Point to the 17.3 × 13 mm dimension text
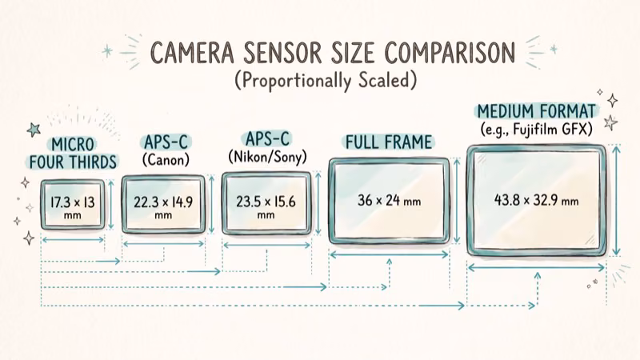(73, 205)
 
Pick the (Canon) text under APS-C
(166, 160)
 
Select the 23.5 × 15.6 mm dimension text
(266, 207)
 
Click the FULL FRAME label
(388, 142)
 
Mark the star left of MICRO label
(34, 129)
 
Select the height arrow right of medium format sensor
(616, 200)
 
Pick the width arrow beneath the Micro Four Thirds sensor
(72, 238)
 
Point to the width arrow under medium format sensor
(536, 267)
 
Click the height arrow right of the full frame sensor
(457, 200)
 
